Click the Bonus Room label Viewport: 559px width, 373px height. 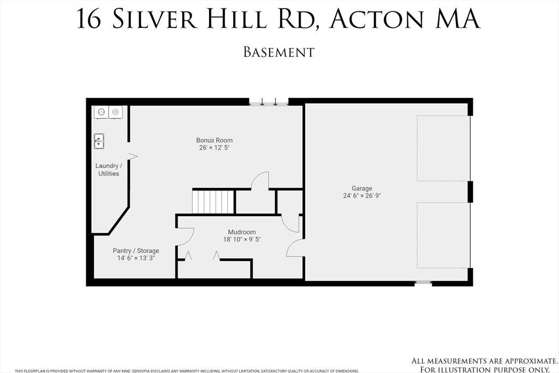(215, 140)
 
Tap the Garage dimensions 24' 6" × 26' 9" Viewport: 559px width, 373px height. (362, 196)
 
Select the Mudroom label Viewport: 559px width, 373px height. (242, 232)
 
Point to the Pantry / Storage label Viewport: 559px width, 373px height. (136, 251)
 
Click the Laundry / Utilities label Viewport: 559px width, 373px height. (109, 169)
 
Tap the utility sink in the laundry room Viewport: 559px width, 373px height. (99, 141)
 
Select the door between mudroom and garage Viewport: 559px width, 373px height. (295, 248)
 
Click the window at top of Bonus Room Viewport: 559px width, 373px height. (269, 102)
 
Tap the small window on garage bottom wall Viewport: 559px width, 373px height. (423, 283)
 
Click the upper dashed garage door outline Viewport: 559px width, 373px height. (443, 148)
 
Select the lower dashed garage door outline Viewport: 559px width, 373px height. (443, 235)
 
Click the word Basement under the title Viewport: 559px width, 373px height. (279, 52)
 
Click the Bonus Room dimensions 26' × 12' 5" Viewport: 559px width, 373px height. (215, 147)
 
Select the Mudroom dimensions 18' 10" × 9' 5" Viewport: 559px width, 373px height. (242, 239)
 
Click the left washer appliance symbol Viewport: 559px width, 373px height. (101, 113)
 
